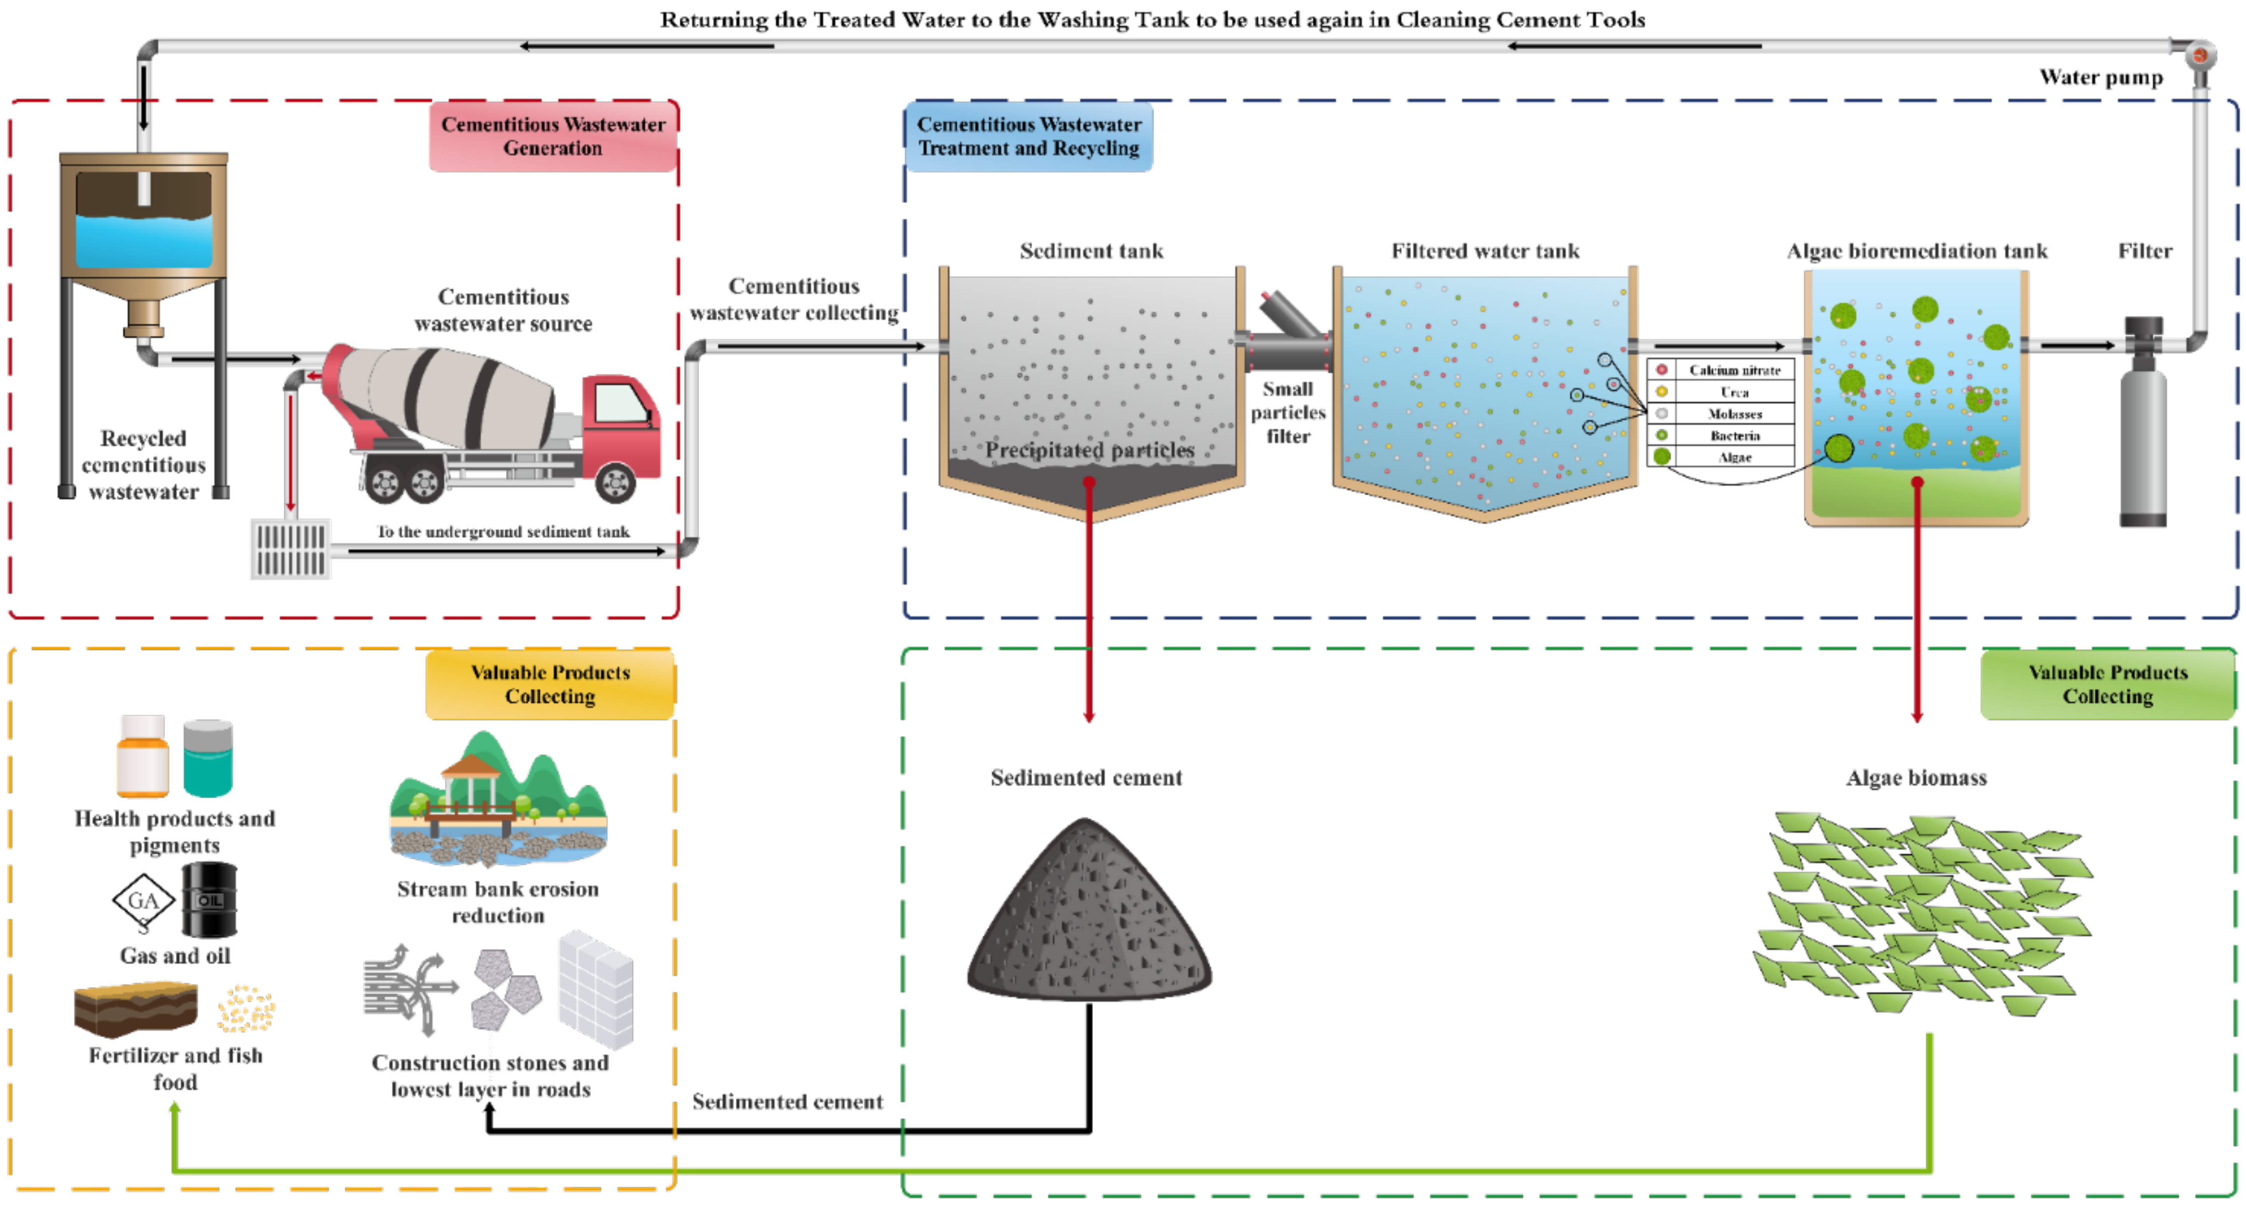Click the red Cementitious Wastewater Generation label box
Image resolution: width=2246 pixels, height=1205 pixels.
[553, 136]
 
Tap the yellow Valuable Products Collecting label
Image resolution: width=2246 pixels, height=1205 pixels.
[550, 684]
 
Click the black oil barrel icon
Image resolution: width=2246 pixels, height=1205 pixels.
[209, 900]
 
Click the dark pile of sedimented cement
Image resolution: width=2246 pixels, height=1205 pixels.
[1088, 915]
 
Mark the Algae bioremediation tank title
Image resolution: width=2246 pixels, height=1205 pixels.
[1916, 251]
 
